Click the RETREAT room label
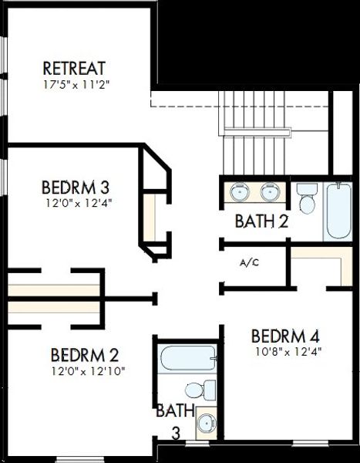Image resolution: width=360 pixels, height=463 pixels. (x=74, y=68)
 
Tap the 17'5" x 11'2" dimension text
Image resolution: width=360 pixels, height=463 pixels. (x=76, y=85)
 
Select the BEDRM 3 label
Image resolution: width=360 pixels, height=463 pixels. (x=76, y=188)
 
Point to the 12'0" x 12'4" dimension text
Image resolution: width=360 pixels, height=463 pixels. (x=79, y=203)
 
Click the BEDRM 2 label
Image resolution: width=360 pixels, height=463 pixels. (x=85, y=355)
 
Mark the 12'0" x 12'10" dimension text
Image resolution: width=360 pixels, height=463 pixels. (x=88, y=371)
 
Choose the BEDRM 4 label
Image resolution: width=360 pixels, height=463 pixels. (x=285, y=336)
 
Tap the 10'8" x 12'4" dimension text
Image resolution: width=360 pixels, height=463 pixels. (x=288, y=351)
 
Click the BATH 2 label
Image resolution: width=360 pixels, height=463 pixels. (x=262, y=221)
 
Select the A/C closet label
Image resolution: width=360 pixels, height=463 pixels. (x=249, y=262)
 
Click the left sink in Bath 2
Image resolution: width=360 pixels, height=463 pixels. (x=240, y=191)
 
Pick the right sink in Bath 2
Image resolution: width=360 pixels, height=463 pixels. (x=270, y=191)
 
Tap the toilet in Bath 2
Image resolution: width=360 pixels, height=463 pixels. (x=307, y=198)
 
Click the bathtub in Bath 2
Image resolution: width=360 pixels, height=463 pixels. (x=338, y=211)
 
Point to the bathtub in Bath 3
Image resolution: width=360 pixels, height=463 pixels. (x=188, y=358)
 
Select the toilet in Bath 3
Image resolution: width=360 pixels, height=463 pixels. (x=200, y=390)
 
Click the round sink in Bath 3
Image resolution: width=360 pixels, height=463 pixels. (x=207, y=424)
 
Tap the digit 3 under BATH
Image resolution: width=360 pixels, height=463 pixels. (x=176, y=434)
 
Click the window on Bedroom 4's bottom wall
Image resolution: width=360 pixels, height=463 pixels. (x=310, y=443)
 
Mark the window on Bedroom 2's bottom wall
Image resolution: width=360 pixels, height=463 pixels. (x=80, y=459)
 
